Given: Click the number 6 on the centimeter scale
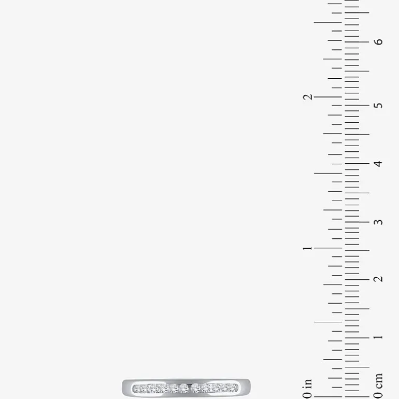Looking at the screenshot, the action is click(378, 42).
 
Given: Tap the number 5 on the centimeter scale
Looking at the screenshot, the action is click(378, 105).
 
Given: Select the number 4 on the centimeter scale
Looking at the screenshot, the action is click(378, 163).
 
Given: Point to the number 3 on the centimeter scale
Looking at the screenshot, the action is click(378, 222).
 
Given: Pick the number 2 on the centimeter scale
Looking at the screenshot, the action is click(378, 279).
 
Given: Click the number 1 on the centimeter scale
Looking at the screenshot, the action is click(378, 337).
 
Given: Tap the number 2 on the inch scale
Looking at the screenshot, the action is click(308, 97).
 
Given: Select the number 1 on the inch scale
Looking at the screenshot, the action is click(308, 248).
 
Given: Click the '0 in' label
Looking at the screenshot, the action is click(308, 389).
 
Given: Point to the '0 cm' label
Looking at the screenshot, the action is click(378, 386).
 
